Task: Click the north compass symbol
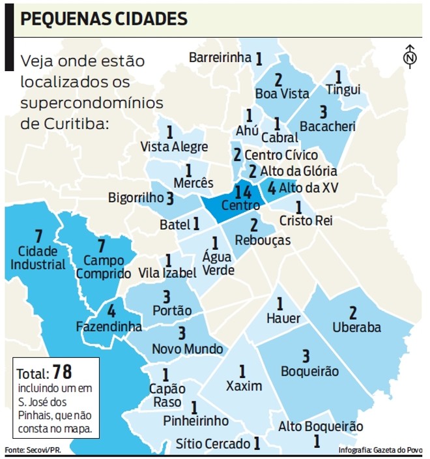[410, 57]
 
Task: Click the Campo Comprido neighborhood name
[103, 267]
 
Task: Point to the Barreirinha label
[220, 58]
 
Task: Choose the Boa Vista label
[281, 94]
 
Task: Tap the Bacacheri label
[325, 125]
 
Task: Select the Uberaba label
[356, 327]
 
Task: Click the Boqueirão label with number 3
[309, 372]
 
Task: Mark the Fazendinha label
[108, 327]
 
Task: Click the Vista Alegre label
[174, 147]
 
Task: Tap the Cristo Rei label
[306, 220]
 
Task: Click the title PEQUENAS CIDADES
[104, 19]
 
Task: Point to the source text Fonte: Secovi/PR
[32, 451]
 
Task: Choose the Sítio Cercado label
[213, 444]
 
